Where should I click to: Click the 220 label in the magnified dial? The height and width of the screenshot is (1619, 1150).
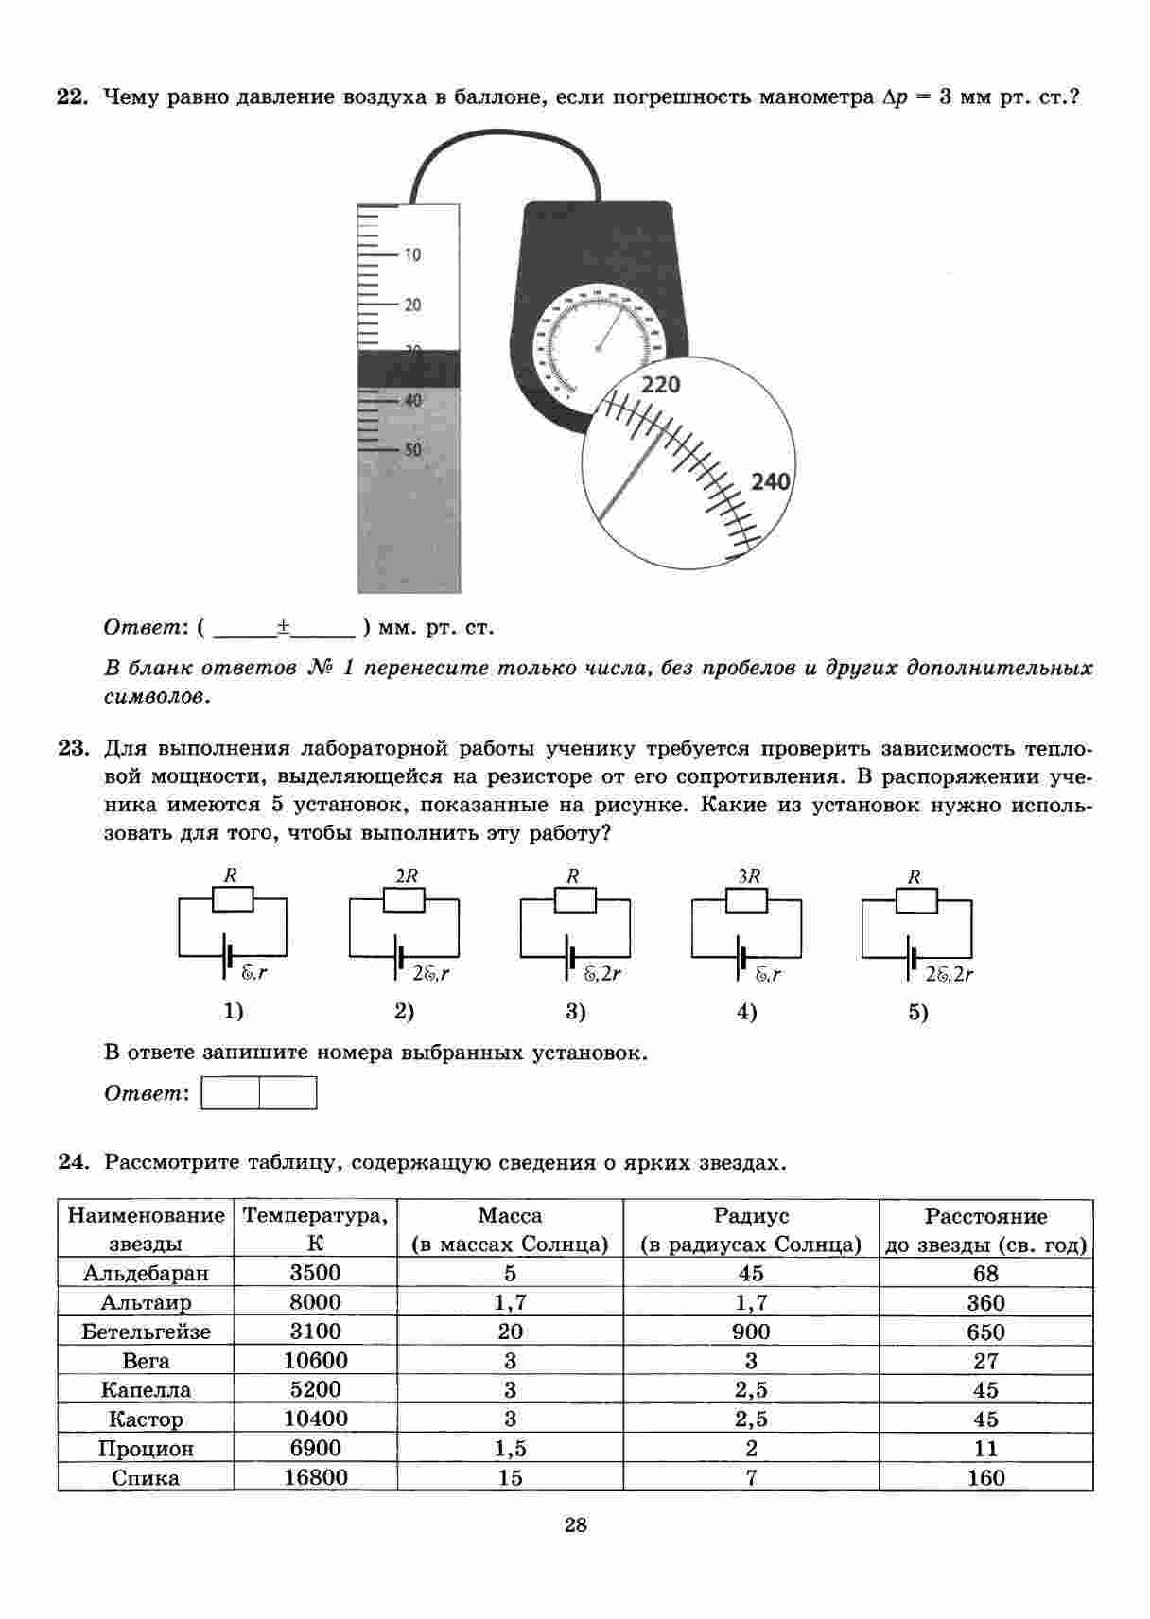coord(661,385)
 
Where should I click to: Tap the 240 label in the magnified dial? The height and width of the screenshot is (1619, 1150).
coord(770,482)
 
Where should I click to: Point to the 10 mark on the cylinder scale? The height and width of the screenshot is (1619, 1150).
coord(412,255)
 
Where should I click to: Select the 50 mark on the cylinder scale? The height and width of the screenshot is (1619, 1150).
coord(412,450)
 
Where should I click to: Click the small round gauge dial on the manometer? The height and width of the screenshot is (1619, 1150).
coord(598,347)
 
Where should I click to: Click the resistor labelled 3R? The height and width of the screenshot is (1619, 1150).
coord(746,900)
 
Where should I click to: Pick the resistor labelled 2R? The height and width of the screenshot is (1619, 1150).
coord(404,900)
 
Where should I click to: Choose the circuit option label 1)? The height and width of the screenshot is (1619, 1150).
coord(234,1012)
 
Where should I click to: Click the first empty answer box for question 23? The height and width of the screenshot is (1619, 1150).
coord(231,1094)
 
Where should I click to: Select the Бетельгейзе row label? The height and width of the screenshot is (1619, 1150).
coord(146,1332)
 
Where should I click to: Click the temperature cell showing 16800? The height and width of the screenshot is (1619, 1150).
coord(316,1478)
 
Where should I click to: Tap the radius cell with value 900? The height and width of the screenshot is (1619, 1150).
coord(751,1332)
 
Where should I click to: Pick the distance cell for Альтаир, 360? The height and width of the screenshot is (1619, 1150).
coord(985,1303)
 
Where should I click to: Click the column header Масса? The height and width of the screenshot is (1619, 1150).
coord(510,1216)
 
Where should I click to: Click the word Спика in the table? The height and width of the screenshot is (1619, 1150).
coord(146,1478)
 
